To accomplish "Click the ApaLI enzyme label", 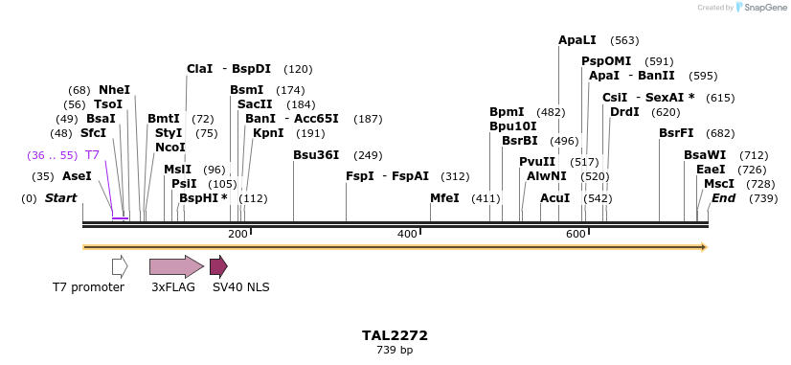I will (x=576, y=40).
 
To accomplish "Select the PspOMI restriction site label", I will (x=606, y=61).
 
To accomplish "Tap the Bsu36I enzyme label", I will (x=317, y=155).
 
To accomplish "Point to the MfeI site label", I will (x=444, y=198).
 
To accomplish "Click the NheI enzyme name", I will (x=114, y=90).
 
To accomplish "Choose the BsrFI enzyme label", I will (x=676, y=133).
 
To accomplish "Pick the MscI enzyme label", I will (x=719, y=183).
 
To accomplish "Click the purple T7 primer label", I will (x=92, y=155).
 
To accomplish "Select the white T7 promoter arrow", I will (x=120, y=266).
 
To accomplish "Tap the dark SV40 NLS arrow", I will (x=218, y=266).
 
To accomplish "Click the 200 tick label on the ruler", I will (x=237, y=234).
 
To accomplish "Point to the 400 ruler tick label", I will (x=407, y=234).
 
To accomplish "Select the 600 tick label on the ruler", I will (x=576, y=234).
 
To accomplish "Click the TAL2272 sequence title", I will (x=395, y=335).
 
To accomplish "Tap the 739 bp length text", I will (x=395, y=351).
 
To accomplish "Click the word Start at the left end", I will (x=60, y=198).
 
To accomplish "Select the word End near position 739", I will (x=723, y=198).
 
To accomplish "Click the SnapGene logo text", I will (x=763, y=8).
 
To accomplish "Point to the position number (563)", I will (x=624, y=40).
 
